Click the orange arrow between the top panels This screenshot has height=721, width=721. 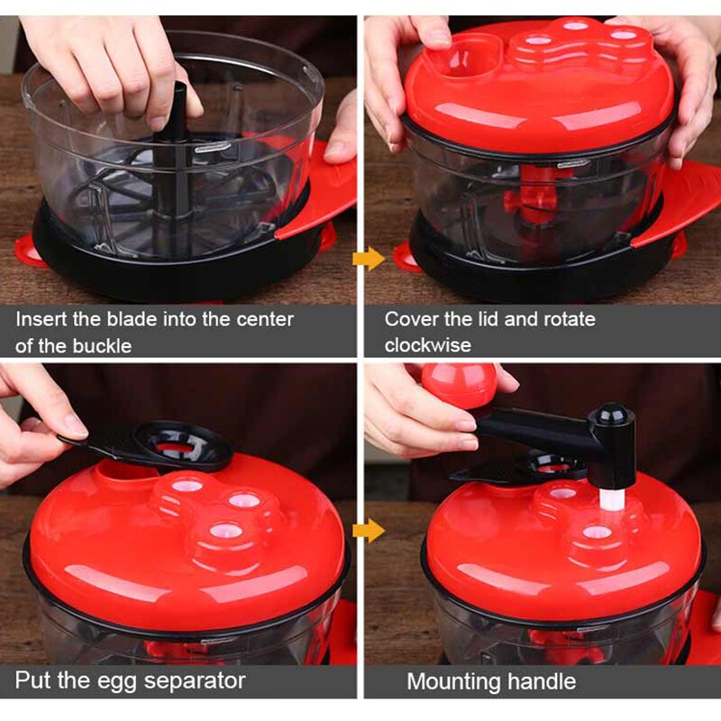click(x=369, y=260)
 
